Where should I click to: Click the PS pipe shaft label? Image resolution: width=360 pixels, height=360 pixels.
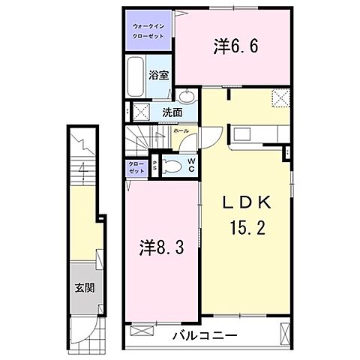click(x=154, y=166)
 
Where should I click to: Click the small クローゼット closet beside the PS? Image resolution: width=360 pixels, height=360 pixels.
click(x=136, y=167)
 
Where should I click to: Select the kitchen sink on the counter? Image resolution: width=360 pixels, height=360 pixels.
click(x=244, y=135)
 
